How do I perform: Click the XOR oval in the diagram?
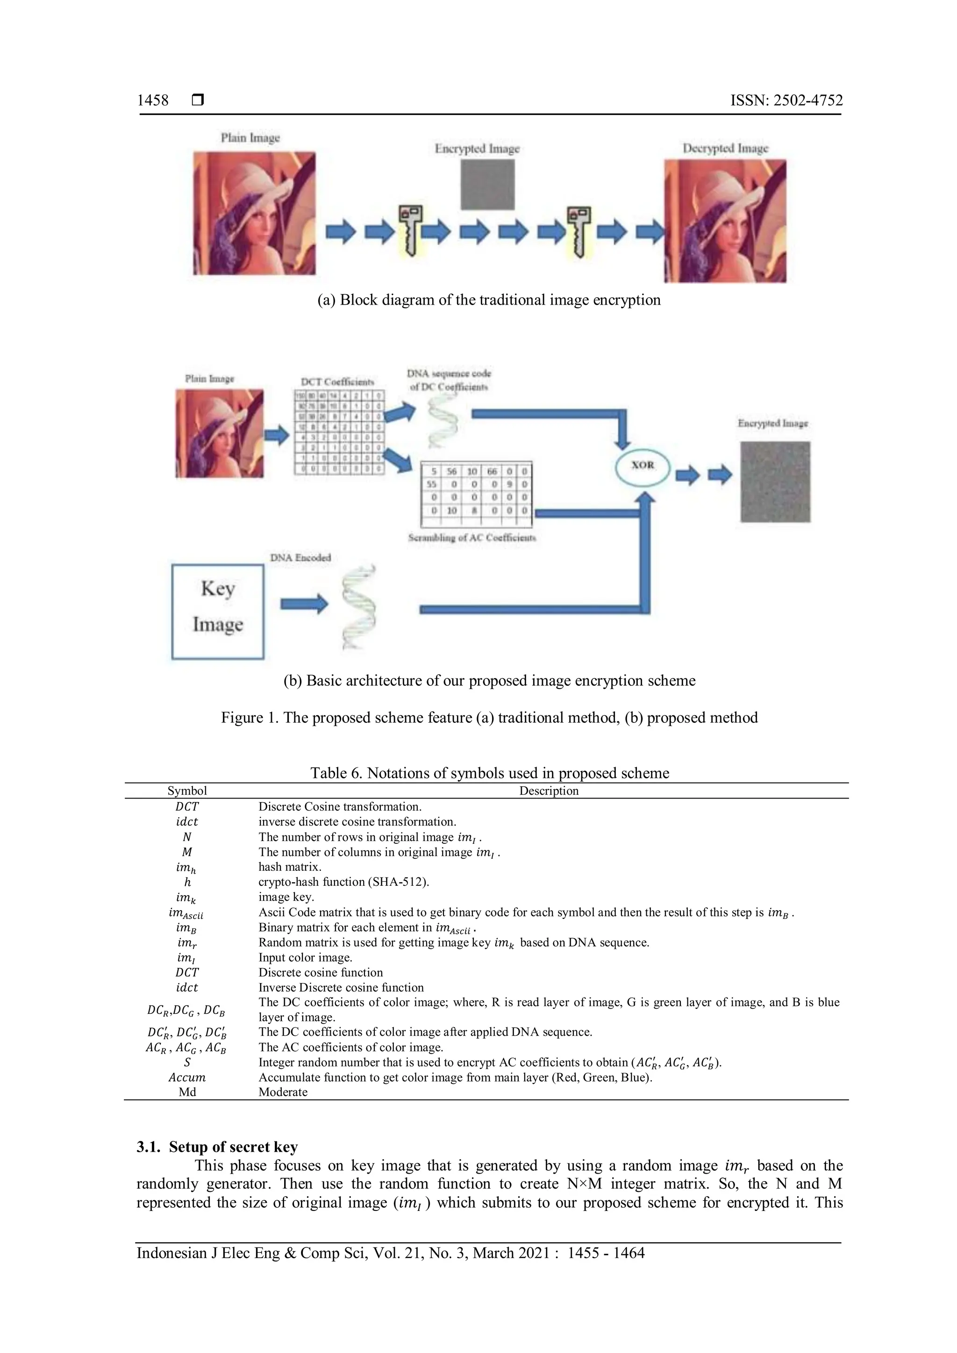click(643, 465)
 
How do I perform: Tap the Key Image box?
click(217, 612)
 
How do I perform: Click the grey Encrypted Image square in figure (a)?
click(487, 185)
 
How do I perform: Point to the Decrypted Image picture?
click(725, 221)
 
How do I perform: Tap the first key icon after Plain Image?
click(411, 228)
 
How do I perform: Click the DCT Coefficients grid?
click(339, 432)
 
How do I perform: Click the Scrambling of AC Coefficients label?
click(472, 537)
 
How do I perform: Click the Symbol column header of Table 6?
click(187, 791)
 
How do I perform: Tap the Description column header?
click(548, 791)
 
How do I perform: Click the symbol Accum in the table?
click(187, 1077)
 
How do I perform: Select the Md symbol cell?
click(187, 1092)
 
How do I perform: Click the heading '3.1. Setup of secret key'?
click(217, 1147)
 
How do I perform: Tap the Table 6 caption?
click(489, 773)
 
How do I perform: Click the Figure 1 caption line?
click(489, 717)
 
